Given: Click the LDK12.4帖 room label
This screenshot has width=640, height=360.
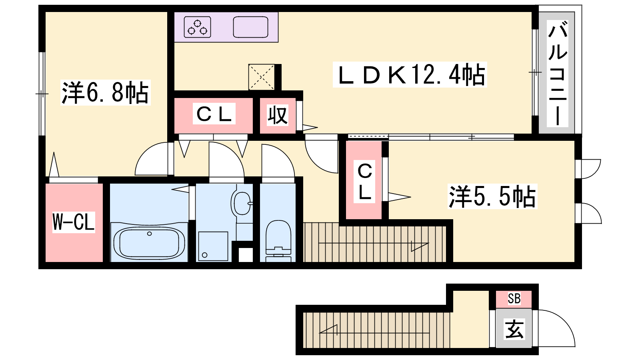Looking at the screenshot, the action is coord(410,74).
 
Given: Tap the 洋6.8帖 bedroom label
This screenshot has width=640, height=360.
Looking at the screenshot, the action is coord(106,92).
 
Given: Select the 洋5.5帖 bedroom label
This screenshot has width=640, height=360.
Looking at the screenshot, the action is coord(492,196).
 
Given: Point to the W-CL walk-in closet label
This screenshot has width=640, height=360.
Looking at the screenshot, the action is coord(74,222).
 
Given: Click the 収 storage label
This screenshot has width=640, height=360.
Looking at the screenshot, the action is coord(277,115).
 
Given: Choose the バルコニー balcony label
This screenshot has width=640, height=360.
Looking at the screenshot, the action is coord(557,74).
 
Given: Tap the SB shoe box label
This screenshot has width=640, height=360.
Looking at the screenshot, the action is coord(514,298).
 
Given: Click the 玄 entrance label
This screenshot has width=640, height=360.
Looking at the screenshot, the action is coord(514,329).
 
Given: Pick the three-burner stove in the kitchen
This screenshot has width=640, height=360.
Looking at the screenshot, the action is coord(198,27).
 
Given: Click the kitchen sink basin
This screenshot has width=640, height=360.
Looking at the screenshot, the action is coord(250,27).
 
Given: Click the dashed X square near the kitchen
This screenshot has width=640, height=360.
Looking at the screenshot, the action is coord(262,77).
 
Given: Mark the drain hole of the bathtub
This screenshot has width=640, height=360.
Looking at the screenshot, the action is coord(149,234).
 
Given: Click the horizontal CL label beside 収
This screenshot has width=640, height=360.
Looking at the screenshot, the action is coord(214,114).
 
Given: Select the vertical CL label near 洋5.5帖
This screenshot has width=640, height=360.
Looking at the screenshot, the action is coord(364,182).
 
